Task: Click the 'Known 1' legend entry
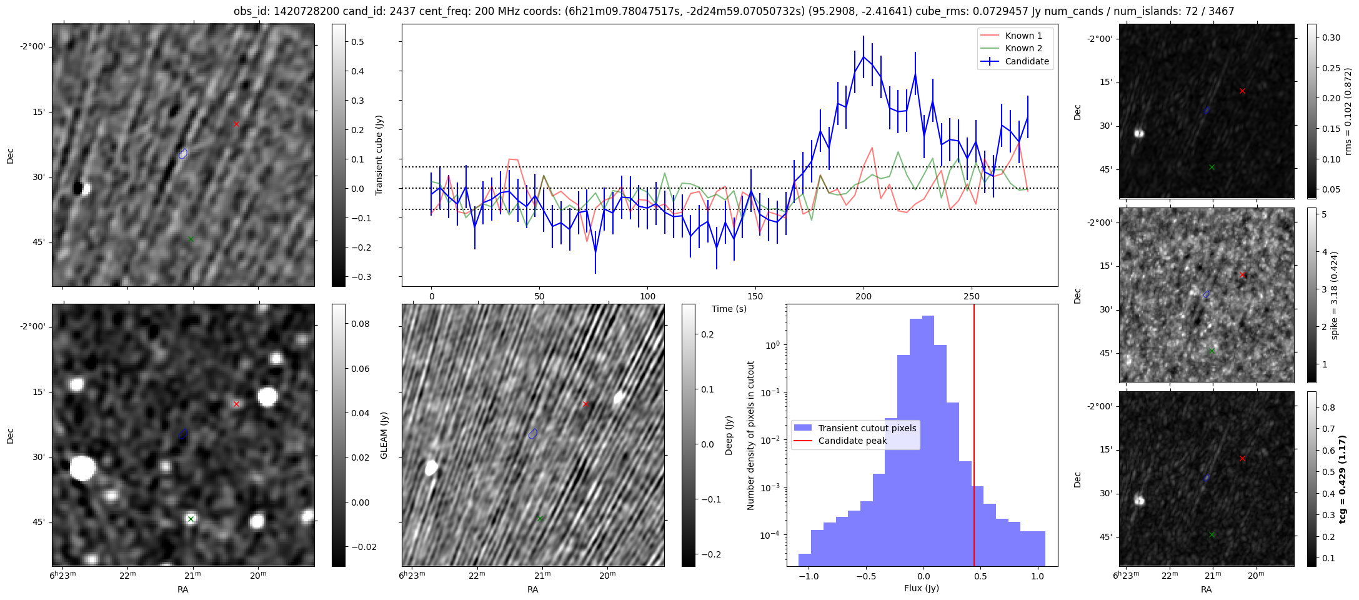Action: point(1023,36)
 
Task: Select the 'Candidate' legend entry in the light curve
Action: point(1027,61)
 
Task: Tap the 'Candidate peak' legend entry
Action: point(852,441)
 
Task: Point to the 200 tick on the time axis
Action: point(864,296)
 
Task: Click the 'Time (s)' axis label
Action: point(729,309)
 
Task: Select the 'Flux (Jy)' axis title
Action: point(922,588)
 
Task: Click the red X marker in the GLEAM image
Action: point(236,404)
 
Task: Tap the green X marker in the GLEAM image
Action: point(191,519)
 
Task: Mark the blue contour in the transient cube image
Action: point(183,153)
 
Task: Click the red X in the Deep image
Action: point(585,404)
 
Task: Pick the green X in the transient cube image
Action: point(191,239)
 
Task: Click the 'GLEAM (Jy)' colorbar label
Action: point(384,435)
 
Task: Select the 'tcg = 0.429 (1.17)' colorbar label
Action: point(1342,479)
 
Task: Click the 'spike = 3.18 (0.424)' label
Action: point(1335,295)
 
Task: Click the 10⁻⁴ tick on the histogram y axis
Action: point(771,535)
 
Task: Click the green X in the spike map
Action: point(1212,351)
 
